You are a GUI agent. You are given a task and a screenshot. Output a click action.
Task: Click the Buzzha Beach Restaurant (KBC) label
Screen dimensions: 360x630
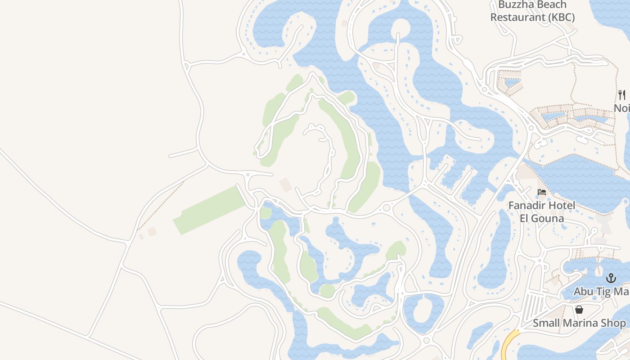click(x=532, y=12)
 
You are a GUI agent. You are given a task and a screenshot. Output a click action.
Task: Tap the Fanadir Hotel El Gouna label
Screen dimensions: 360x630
click(x=542, y=212)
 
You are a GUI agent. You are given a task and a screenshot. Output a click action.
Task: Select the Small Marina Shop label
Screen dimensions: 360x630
click(x=579, y=323)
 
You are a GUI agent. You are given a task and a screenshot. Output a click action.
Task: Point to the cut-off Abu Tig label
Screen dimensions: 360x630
click(x=601, y=292)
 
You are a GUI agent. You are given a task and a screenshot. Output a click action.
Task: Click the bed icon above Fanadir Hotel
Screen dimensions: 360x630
click(x=542, y=192)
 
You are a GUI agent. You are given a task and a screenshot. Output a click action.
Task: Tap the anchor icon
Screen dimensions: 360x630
click(x=611, y=278)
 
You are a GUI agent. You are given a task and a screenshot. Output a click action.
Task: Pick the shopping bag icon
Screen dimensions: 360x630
click(x=579, y=310)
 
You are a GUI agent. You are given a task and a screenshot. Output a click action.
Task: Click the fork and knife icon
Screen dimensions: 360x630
click(x=622, y=95)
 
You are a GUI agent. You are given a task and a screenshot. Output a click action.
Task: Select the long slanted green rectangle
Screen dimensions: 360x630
click(x=210, y=210)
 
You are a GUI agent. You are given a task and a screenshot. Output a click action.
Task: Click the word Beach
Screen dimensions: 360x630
click(x=550, y=5)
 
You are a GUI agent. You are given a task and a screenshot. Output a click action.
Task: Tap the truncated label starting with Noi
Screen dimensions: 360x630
click(x=622, y=108)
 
